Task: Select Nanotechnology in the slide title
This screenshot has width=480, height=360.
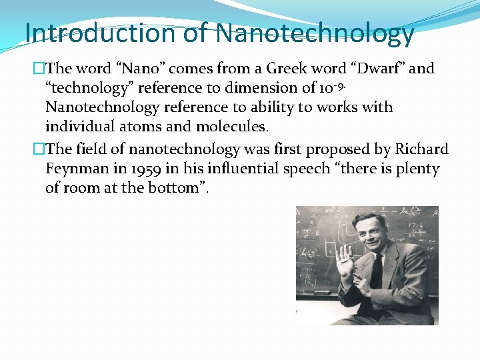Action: coord(315,33)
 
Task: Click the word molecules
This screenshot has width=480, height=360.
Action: coord(227,127)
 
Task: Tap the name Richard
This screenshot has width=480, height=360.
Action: coord(421,149)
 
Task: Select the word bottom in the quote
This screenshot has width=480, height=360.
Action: coord(176,188)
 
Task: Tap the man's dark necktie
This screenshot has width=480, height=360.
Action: coord(377,270)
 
